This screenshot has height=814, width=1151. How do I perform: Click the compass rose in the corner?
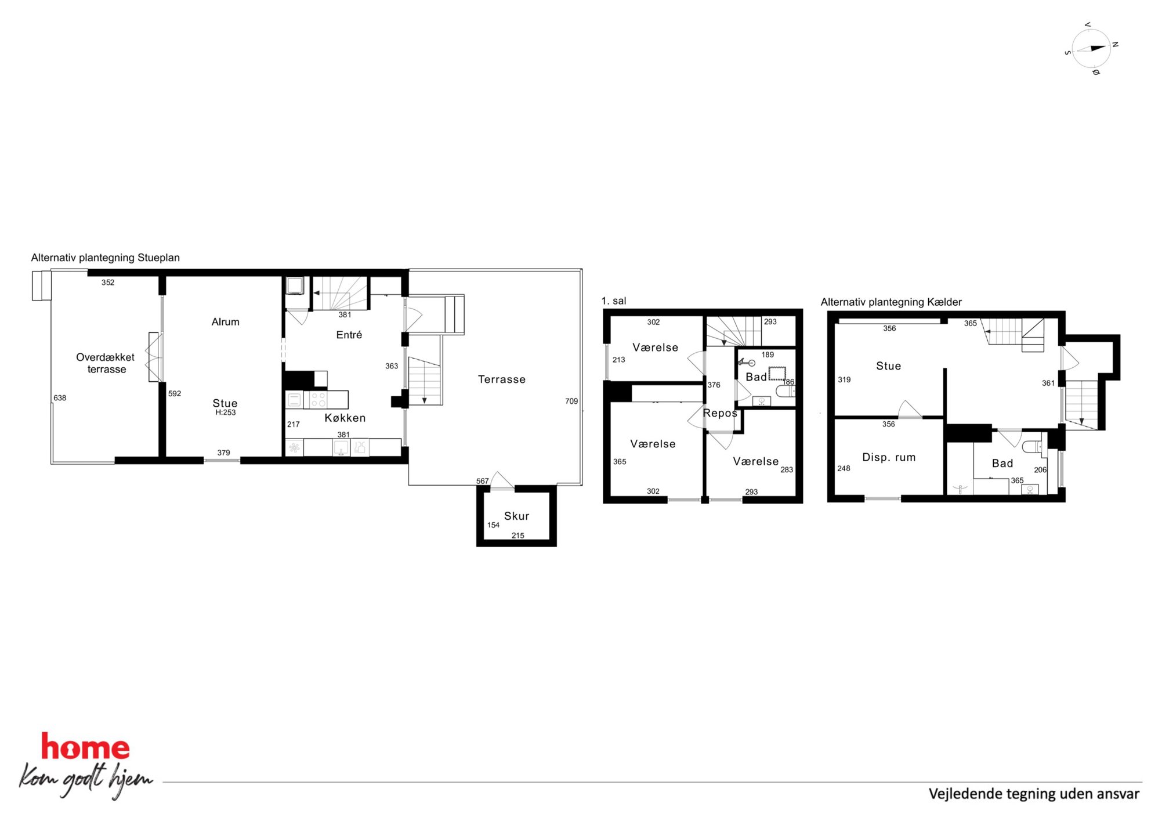pyautogui.click(x=1091, y=49)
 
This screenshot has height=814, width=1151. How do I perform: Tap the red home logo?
pyautogui.click(x=85, y=747)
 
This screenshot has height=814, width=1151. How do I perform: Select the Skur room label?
pyautogui.click(x=516, y=516)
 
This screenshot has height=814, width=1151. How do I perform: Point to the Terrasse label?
pyautogui.click(x=501, y=379)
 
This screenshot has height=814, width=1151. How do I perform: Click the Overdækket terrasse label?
pyautogui.click(x=106, y=363)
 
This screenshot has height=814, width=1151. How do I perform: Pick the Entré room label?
pyautogui.click(x=349, y=335)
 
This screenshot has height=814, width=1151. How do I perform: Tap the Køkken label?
pyautogui.click(x=345, y=418)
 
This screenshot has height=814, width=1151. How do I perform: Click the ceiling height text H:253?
pyautogui.click(x=225, y=413)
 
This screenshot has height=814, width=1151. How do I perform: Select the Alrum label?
pyautogui.click(x=225, y=322)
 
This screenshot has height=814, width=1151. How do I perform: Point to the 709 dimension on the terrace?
pyautogui.click(x=571, y=401)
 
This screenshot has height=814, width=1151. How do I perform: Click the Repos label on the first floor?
pyautogui.click(x=719, y=413)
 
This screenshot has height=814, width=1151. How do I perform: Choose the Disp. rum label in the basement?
pyautogui.click(x=889, y=457)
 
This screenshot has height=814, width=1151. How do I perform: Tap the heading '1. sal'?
pyautogui.click(x=614, y=301)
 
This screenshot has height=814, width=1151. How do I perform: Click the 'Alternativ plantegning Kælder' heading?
pyautogui.click(x=891, y=302)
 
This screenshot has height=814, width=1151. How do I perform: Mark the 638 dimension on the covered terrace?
pyautogui.click(x=60, y=398)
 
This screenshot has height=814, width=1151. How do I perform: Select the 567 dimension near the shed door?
pyautogui.click(x=482, y=481)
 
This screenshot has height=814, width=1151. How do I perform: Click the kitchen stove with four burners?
pyautogui.click(x=318, y=400)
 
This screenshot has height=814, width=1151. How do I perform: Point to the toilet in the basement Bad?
pyautogui.click(x=1033, y=446)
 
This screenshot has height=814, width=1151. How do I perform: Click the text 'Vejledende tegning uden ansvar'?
pyautogui.click(x=1034, y=794)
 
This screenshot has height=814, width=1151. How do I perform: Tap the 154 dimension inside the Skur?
pyautogui.click(x=493, y=525)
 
